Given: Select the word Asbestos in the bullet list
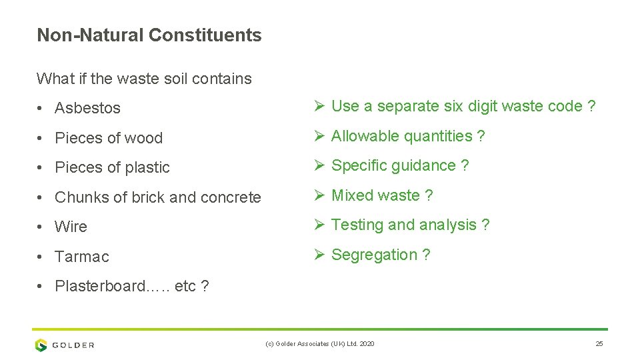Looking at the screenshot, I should coord(87,108).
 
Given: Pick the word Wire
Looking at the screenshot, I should coord(71,227).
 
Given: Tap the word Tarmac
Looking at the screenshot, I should coord(81,257).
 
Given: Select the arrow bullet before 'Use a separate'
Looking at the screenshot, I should coord(318,106).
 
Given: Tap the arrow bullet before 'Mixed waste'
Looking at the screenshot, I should coord(318,195).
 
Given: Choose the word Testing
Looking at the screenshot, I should coord(357,225).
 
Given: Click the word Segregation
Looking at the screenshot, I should coord(374,255).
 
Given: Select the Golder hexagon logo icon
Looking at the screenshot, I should coord(41,345).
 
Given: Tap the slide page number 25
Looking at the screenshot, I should coord(599,343).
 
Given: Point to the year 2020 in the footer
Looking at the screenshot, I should coord(366,343).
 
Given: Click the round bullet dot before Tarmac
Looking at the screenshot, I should coord(41,257).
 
